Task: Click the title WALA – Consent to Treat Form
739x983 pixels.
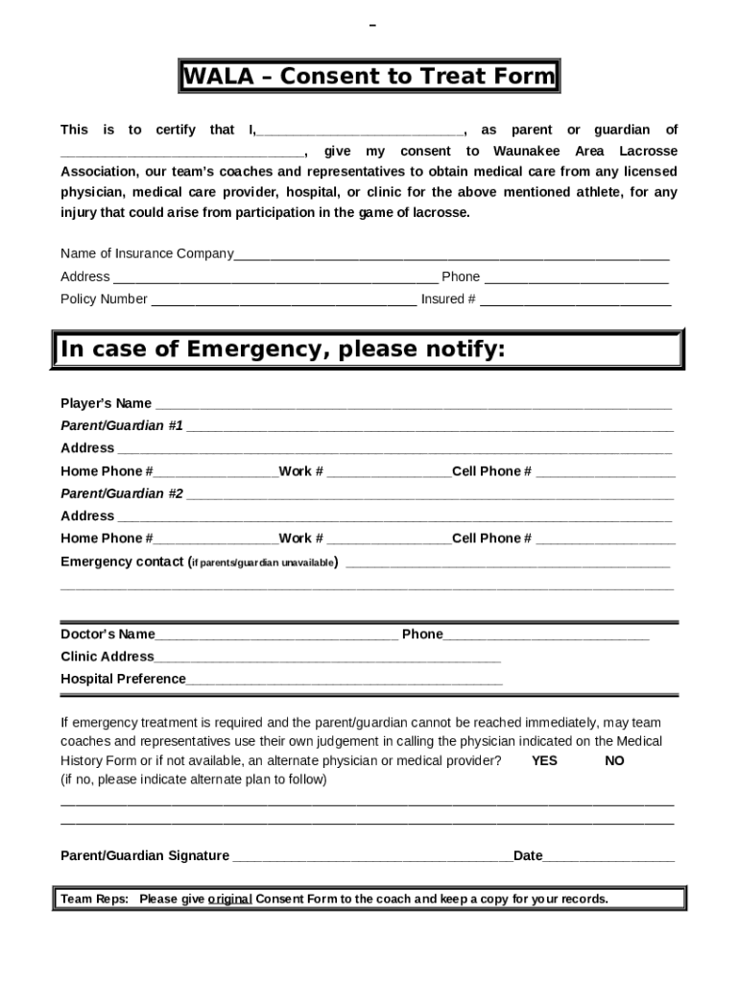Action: tap(369, 77)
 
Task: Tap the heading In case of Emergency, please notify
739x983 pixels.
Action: tap(282, 349)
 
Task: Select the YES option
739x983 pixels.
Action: tap(544, 760)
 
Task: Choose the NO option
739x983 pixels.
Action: tap(614, 760)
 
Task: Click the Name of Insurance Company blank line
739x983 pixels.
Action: tap(451, 255)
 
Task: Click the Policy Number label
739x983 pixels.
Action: tap(104, 299)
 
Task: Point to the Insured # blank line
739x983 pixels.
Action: tap(575, 300)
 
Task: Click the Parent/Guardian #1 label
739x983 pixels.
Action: tap(122, 425)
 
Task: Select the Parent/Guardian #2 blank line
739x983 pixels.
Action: tap(429, 495)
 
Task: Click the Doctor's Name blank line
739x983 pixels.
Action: tap(276, 635)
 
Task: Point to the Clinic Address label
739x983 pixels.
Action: tap(107, 657)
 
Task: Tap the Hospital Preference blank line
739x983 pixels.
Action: tap(344, 681)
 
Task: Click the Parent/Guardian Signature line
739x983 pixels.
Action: tap(372, 857)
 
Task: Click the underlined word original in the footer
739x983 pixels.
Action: tap(229, 899)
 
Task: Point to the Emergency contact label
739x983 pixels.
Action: tap(121, 562)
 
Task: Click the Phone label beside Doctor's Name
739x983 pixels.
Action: tap(422, 634)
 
